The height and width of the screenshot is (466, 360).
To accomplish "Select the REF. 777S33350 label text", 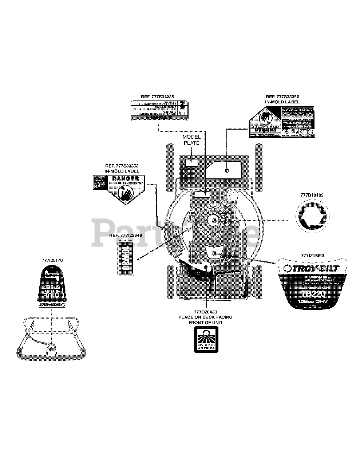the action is [282, 97].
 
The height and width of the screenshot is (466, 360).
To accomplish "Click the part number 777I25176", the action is [52, 260].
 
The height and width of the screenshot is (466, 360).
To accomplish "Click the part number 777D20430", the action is [205, 312].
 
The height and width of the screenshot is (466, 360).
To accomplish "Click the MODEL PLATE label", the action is [191, 140].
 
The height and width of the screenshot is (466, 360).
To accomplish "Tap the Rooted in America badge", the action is [206, 339].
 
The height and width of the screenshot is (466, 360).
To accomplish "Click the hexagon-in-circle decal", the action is [312, 220].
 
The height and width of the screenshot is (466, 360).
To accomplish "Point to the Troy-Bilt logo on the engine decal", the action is [311, 268].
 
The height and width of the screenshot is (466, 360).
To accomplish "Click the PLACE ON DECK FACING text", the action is [205, 317].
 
